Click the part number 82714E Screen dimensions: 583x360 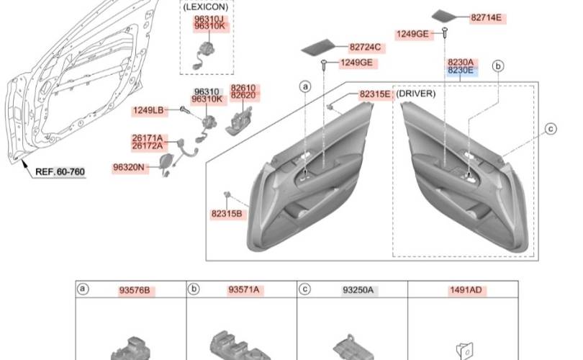[486, 17]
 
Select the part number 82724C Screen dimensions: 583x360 [365, 48]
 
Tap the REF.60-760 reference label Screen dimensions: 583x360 [60, 172]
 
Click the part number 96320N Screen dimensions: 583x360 [128, 167]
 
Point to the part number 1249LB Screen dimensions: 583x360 [148, 110]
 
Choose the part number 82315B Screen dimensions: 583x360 [227, 214]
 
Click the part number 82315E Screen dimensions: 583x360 [375, 94]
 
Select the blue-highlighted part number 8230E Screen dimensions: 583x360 [461, 71]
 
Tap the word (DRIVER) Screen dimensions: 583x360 [415, 94]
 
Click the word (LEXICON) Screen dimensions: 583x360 [206, 6]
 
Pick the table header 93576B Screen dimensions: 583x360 [135, 290]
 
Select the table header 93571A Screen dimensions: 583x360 [243, 289]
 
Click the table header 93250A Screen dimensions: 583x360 [358, 290]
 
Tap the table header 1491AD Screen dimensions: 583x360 [466, 290]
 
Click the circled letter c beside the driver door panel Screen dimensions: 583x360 [551, 129]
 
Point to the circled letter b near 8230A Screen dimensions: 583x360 [498, 66]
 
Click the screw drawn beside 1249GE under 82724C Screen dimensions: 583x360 [324, 64]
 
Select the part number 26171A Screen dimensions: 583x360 [148, 138]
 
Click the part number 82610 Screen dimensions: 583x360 [243, 88]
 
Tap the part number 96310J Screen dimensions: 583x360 [209, 19]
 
